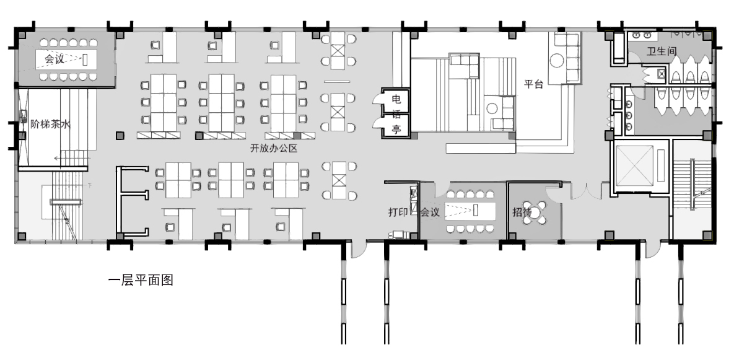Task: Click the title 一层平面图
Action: [141, 281]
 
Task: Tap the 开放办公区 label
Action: [274, 149]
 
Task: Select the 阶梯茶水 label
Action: [51, 124]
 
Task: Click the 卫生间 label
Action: [662, 51]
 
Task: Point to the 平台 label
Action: [533, 84]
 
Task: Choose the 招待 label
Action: [522, 211]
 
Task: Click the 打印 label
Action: [398, 211]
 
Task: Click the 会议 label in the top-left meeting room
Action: [55, 59]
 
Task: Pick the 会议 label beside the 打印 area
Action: [429, 211]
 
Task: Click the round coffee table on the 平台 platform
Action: [557, 60]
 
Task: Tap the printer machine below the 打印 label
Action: [398, 235]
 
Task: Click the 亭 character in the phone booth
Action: [396, 130]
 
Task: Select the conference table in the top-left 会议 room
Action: [66, 59]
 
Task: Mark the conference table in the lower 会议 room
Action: [470, 211]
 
